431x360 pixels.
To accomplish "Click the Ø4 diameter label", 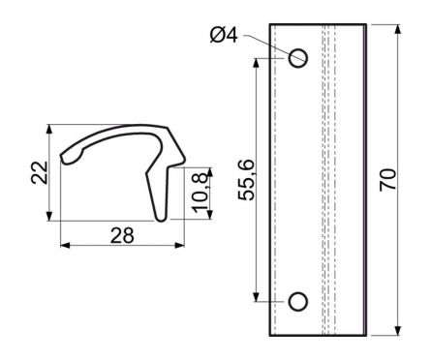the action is coord(224,35).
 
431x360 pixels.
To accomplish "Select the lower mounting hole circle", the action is coord(297,302).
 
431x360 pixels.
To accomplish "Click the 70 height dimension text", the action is coord(387,180).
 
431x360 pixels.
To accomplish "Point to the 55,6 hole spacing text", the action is coord(247,180).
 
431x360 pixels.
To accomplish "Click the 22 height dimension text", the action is coord(40,172).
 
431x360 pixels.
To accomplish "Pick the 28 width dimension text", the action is coord(122,235).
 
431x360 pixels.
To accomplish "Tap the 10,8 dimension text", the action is coord(200,193).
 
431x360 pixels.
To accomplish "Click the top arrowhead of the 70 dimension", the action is coord(398,29).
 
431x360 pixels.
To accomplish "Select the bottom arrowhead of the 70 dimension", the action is coord(398,331).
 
